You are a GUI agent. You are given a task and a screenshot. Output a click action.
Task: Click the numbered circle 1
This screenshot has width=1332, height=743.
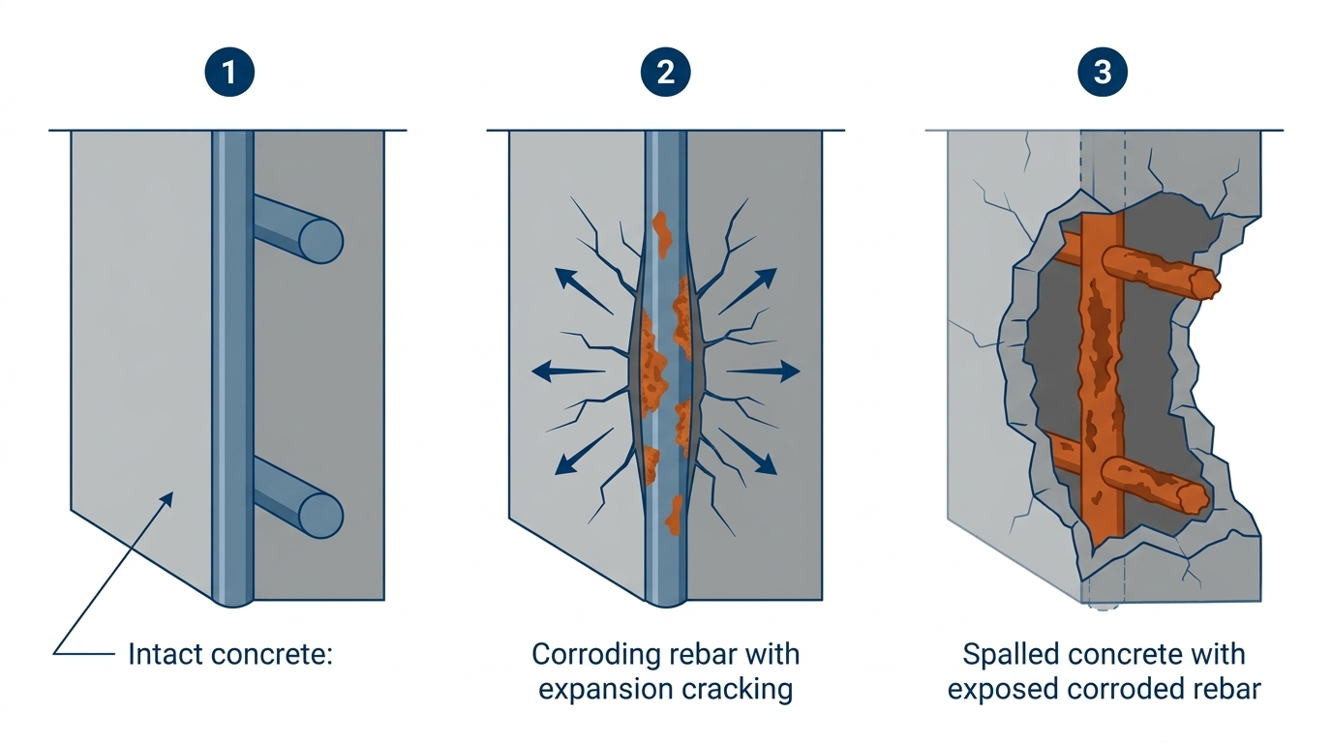pyautogui.click(x=228, y=72)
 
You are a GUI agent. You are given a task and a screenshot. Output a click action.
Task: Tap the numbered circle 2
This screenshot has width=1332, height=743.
pyautogui.click(x=665, y=72)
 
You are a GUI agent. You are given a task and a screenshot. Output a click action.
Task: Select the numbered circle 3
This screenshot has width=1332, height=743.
pyautogui.click(x=1102, y=72)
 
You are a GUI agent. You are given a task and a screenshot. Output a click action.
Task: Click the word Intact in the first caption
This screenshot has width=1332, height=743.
pyautogui.click(x=162, y=655)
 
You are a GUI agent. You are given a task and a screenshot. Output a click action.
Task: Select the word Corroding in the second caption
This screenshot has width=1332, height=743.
pyautogui.click(x=596, y=655)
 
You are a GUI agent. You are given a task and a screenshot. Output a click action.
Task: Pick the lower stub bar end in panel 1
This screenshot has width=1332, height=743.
pyautogui.click(x=319, y=514)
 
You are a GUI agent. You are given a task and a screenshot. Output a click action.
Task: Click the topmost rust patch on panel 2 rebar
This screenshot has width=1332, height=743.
pyautogui.click(x=662, y=232)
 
